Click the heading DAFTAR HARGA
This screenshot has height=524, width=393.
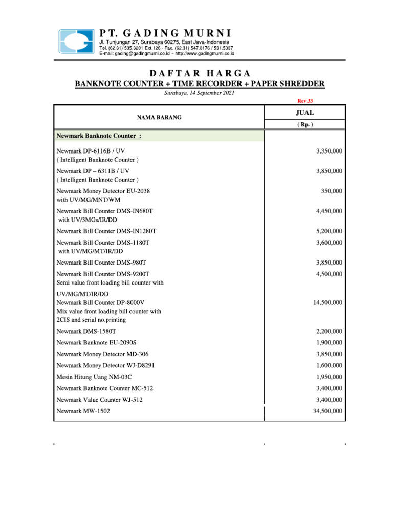(200, 73)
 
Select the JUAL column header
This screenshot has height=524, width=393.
(305, 113)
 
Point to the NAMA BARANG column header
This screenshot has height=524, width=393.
(159, 118)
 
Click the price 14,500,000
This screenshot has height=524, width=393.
(328, 303)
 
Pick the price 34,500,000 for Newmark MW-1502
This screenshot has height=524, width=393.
(328, 411)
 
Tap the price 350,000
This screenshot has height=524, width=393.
(332, 191)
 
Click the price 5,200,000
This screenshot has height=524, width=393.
(330, 231)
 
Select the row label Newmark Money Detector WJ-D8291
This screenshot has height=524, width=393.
(105, 366)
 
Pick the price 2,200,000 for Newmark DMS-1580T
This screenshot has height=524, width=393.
(330, 332)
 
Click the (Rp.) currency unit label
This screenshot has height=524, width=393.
(305, 124)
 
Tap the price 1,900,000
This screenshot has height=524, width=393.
(330, 343)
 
